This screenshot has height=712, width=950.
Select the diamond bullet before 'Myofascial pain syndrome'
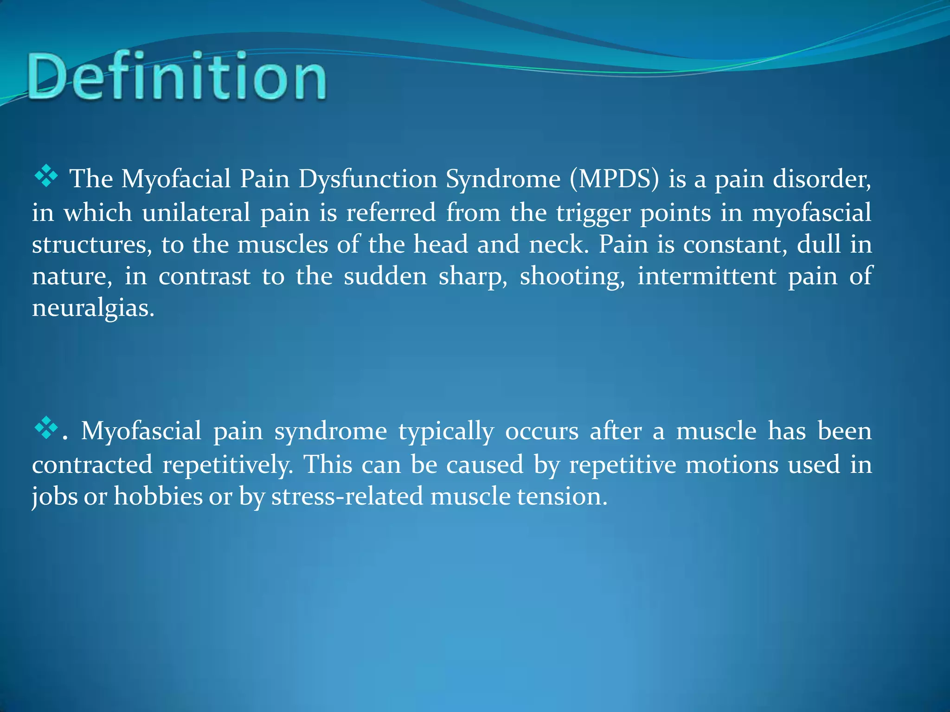(x=46, y=428)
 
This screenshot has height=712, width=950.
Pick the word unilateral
(x=196, y=213)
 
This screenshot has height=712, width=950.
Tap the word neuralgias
(x=93, y=308)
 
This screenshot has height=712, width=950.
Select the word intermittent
(x=706, y=276)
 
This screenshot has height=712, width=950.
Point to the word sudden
(x=385, y=276)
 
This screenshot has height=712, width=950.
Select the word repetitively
(x=228, y=465)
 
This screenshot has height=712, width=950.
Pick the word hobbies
(x=158, y=496)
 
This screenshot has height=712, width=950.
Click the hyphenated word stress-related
(x=347, y=496)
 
